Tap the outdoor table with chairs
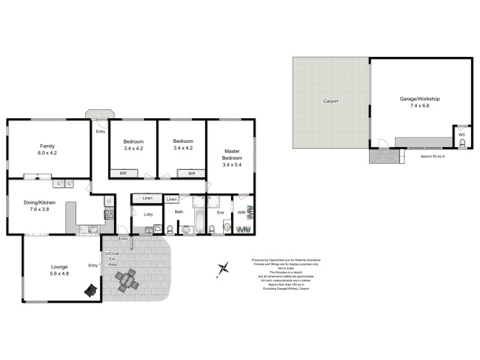click(127, 280)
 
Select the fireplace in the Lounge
click(90, 290)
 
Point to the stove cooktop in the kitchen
click(109, 214)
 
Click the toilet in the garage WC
click(462, 143)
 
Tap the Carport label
click(331, 101)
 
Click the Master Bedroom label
click(232, 155)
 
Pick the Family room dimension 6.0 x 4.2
click(47, 152)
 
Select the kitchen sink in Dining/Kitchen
click(89, 228)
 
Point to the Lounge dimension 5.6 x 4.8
click(59, 273)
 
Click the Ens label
click(220, 212)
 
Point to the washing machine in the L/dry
click(157, 229)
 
